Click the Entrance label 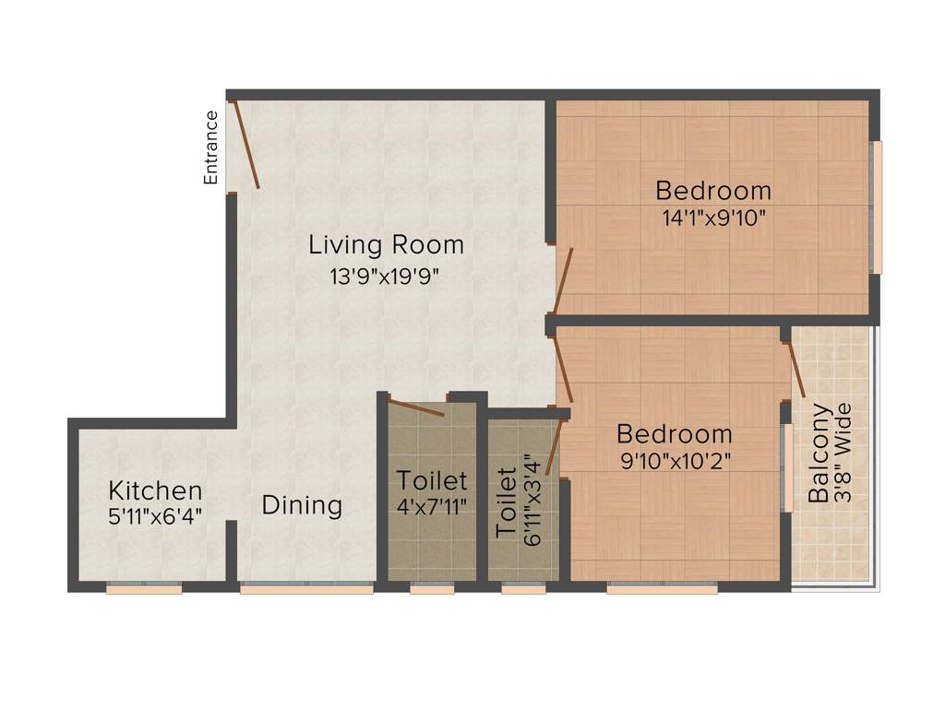(211, 147)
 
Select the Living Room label (386, 245)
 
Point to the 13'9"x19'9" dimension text (384, 277)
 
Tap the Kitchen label (155, 490)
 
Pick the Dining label (302, 505)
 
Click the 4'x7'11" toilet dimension (432, 506)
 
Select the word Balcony (819, 452)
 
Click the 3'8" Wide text (842, 452)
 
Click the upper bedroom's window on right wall (877, 207)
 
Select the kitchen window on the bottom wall (143, 587)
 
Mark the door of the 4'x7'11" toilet (415, 407)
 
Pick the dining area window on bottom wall (306, 587)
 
